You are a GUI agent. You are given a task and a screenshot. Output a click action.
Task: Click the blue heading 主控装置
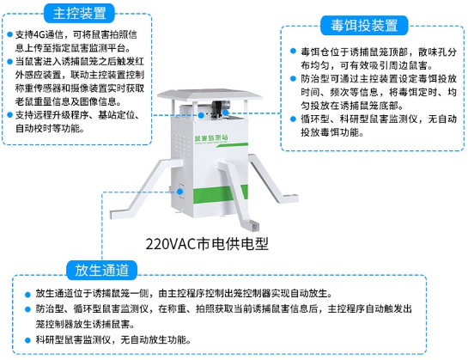click(79, 14)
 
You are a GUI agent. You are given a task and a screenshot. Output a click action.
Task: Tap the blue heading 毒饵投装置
click(364, 26)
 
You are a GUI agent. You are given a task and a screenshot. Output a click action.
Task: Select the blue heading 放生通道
click(102, 270)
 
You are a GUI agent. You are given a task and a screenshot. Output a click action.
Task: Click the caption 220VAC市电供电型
click(207, 244)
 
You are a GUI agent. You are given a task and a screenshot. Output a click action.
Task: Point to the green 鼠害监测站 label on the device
click(211, 137)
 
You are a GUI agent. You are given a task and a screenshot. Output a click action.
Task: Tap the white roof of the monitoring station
click(210, 95)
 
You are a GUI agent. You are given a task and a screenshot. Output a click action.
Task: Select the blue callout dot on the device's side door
click(180, 192)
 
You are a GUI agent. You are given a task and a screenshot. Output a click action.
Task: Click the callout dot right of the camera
click(226, 113)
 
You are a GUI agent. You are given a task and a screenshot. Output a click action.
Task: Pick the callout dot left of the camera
click(201, 115)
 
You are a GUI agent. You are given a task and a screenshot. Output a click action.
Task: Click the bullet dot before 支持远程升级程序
click(9, 115)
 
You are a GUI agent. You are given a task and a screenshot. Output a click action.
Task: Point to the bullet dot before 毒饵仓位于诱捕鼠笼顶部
click(293, 51)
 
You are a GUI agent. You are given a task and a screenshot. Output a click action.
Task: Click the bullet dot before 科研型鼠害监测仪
click(27, 339)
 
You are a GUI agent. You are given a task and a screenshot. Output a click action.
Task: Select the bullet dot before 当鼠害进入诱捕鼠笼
click(9, 62)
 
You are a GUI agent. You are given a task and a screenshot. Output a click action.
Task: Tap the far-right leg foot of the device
click(290, 198)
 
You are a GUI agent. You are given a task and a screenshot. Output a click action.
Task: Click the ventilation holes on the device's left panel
click(182, 145)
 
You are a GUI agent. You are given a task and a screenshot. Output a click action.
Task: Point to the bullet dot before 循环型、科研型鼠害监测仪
click(293, 119)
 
